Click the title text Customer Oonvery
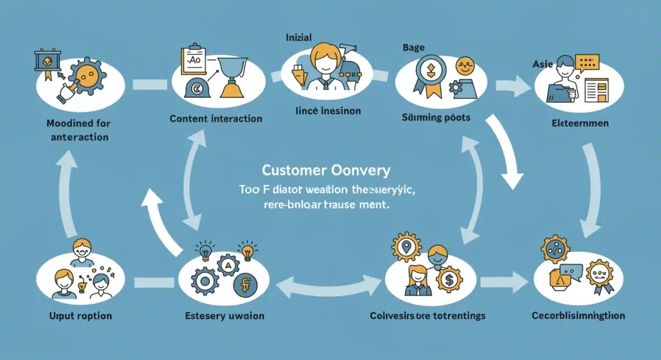point(326,170)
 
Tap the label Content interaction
point(216,118)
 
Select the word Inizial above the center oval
point(299,37)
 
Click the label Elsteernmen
point(580,123)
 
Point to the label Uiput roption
point(80,315)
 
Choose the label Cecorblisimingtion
point(578,315)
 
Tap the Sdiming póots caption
point(436,117)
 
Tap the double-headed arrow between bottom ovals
point(328,283)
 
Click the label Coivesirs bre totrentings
point(427,315)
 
